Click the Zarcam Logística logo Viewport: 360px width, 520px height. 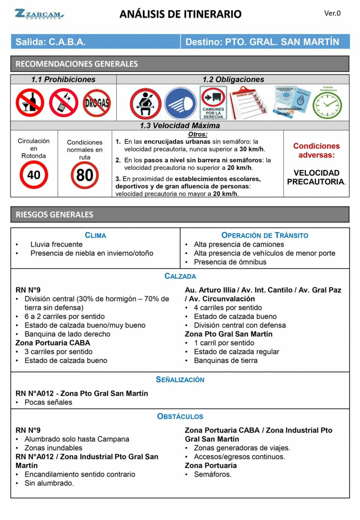pyautogui.click(x=39, y=14)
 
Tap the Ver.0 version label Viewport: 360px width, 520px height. pyautogui.click(x=332, y=14)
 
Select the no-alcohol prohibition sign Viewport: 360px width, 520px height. pyautogui.click(x=30, y=103)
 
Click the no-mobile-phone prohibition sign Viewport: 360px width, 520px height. pyautogui.click(x=64, y=103)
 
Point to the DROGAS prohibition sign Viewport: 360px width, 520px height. pyautogui.click(x=97, y=103)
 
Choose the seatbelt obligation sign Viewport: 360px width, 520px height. pyautogui.click(x=145, y=104)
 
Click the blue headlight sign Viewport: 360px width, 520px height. pyautogui.click(x=180, y=104)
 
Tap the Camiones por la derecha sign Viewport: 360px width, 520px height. pyautogui.click(x=213, y=103)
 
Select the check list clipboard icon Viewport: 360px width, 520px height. pyautogui.click(x=248, y=103)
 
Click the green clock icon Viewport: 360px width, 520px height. pyautogui.click(x=327, y=105)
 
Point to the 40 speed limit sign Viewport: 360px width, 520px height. pyautogui.click(x=34, y=175)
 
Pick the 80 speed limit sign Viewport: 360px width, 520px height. pyautogui.click(x=85, y=175)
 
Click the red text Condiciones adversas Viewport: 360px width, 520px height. pyautogui.click(x=316, y=150)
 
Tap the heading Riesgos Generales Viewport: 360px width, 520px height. pyautogui.click(x=54, y=215)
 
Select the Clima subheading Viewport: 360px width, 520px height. pyautogui.click(x=95, y=235)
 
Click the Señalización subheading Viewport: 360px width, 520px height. pyautogui.click(x=180, y=380)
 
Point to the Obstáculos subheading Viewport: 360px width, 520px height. pyautogui.click(x=180, y=416)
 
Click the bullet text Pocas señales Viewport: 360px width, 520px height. pyautogui.click(x=48, y=402)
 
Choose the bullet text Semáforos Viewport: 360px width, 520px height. pyautogui.click(x=213, y=474)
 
